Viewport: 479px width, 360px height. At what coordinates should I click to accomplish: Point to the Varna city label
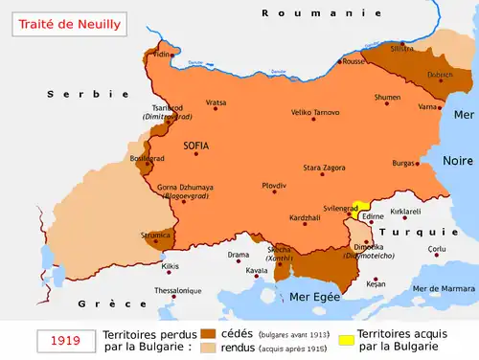(x=428, y=106)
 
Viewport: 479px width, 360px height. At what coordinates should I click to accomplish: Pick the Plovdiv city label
(x=274, y=184)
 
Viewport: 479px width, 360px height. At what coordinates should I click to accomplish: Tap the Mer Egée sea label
(x=316, y=297)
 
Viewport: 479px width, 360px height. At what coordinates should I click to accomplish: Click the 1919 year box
(x=65, y=340)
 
